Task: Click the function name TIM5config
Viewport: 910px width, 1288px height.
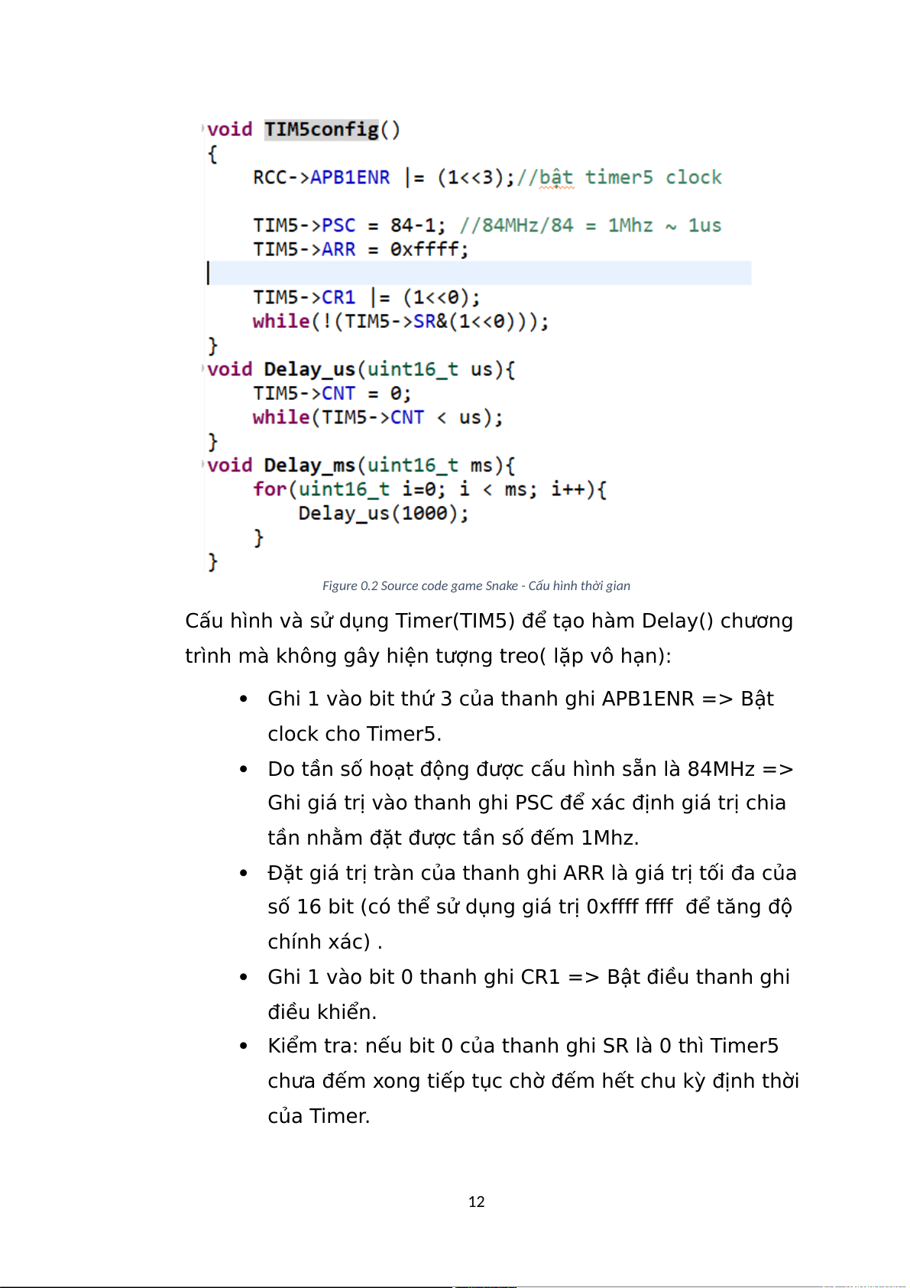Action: pyautogui.click(x=321, y=129)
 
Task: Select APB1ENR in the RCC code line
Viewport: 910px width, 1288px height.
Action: pyautogui.click(x=349, y=177)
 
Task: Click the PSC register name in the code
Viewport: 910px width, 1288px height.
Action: pyautogui.click(x=338, y=225)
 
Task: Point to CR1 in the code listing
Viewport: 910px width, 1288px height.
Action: pyautogui.click(x=338, y=297)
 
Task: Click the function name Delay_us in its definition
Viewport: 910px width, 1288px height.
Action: pyautogui.click(x=309, y=369)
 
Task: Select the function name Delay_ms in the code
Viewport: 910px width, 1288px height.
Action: pyautogui.click(x=309, y=466)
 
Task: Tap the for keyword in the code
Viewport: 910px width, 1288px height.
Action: pyautogui.click(x=270, y=489)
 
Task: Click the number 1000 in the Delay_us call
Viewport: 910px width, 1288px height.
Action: pyautogui.click(x=424, y=514)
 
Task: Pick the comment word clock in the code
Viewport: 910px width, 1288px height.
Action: pyautogui.click(x=693, y=177)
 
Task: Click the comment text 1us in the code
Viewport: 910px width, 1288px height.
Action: pyautogui.click(x=704, y=225)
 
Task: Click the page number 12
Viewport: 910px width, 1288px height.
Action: pyautogui.click(x=476, y=1202)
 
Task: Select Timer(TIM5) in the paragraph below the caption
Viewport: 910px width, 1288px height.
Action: pyautogui.click(x=455, y=621)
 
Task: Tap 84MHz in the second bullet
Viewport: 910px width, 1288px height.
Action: pyautogui.click(x=721, y=769)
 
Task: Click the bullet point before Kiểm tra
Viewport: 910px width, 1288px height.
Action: pyautogui.click(x=243, y=1046)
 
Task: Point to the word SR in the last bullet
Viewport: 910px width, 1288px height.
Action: pyautogui.click(x=616, y=1046)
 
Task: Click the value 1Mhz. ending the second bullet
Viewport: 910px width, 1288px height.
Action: pyautogui.click(x=609, y=838)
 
